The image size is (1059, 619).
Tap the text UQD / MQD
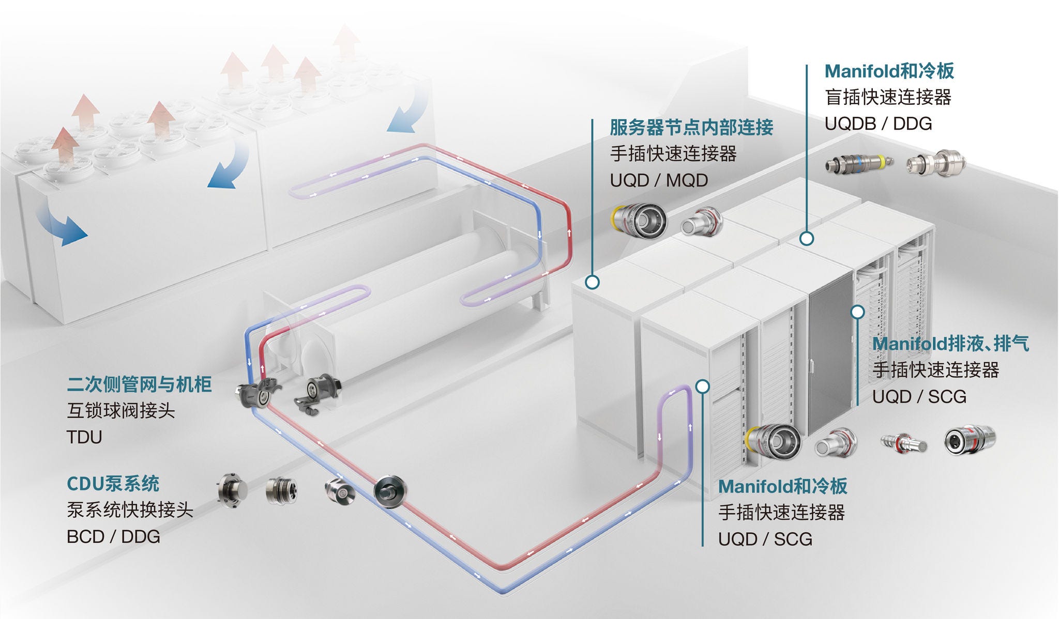pyautogui.click(x=659, y=180)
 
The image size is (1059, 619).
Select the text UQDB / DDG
pyautogui.click(x=878, y=123)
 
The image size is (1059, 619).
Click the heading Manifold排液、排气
pyautogui.click(x=950, y=344)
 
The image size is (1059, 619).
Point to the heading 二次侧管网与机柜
pyautogui.click(x=139, y=384)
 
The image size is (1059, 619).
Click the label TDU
pyautogui.click(x=84, y=437)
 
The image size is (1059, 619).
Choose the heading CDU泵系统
pyautogui.click(x=113, y=484)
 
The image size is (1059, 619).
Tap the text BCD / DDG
pyautogui.click(x=113, y=537)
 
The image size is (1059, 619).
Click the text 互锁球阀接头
pyautogui.click(x=121, y=411)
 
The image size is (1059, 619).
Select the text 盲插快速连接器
pyautogui.click(x=888, y=97)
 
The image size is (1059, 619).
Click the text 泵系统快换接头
pyautogui.click(x=130, y=510)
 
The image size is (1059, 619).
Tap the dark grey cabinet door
pyautogui.click(x=829, y=357)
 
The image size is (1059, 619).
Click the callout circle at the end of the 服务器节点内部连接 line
pyautogui.click(x=593, y=282)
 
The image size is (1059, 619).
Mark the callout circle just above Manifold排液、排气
pyautogui.click(x=858, y=312)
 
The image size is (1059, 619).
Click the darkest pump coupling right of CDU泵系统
pyautogui.click(x=389, y=491)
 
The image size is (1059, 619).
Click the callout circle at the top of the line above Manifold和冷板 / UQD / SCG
pyautogui.click(x=702, y=386)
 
